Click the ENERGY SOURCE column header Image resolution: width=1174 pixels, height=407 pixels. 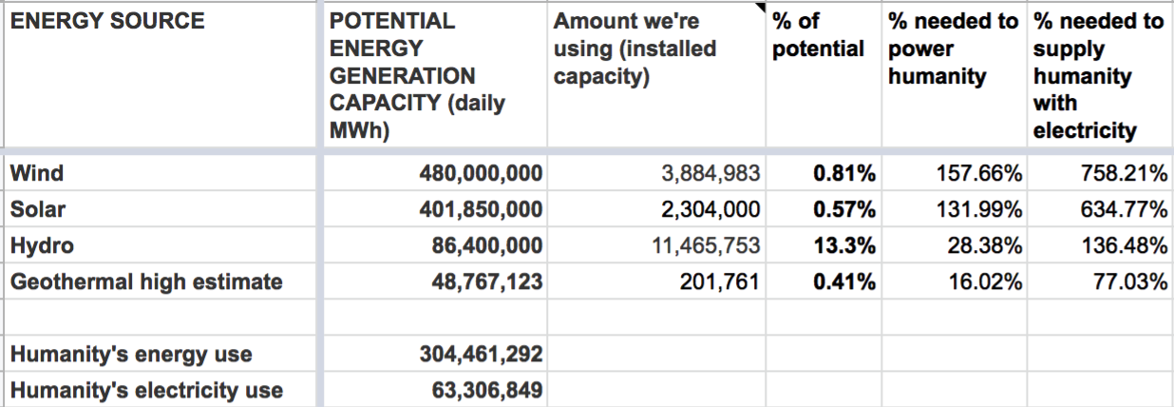pos(107,20)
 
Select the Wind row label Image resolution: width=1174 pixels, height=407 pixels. pos(37,173)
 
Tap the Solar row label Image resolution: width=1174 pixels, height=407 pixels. pos(38,209)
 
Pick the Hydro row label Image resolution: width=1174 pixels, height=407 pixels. pos(42,245)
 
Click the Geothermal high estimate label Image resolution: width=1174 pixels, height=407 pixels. pos(146,281)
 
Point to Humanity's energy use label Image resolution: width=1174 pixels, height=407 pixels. pos(131,355)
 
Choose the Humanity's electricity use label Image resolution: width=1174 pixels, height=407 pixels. pos(146,390)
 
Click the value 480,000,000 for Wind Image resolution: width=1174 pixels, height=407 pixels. pos(481,173)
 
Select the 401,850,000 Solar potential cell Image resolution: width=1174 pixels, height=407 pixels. pos(481,209)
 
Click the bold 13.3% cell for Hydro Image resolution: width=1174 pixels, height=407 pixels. pos(844,245)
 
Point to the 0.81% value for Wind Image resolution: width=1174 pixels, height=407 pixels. pos(844,173)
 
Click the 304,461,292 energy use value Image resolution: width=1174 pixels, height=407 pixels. pos(481,355)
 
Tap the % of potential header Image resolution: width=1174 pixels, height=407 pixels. pos(818,34)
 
